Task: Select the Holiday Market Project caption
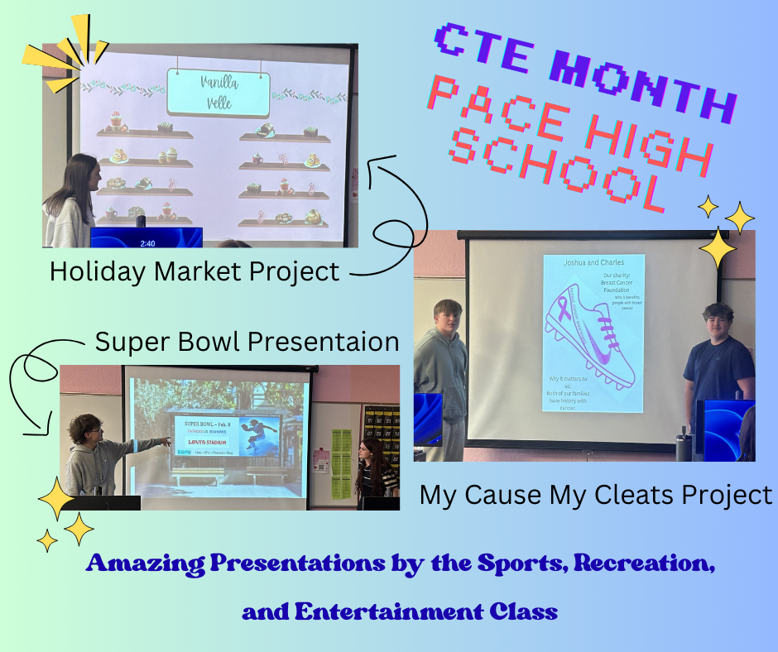coord(194,271)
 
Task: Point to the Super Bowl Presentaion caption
coord(247,341)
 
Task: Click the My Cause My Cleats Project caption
coord(595,495)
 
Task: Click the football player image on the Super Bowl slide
coord(261,436)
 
